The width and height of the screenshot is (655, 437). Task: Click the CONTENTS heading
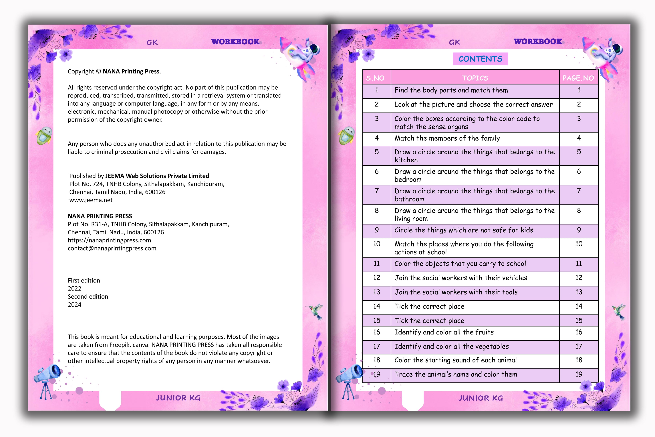[480, 59]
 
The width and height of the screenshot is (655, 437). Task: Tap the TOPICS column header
[475, 78]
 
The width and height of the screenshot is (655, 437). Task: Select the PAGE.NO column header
[578, 78]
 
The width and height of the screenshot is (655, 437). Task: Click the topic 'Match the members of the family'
[447, 138]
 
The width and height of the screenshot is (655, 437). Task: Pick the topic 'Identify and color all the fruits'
[444, 332]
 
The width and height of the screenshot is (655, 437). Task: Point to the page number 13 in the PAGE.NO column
[579, 292]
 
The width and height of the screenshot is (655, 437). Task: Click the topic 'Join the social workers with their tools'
[456, 292]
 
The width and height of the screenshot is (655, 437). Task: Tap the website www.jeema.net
[91, 200]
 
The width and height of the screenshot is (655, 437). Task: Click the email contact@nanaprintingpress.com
[112, 248]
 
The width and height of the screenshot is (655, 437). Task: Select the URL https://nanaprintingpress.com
[110, 240]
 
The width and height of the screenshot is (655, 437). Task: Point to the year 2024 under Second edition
[75, 305]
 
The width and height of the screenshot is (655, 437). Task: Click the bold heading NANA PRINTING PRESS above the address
[100, 216]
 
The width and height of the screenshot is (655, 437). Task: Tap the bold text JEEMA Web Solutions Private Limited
[157, 176]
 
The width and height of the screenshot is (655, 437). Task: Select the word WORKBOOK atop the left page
[235, 42]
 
